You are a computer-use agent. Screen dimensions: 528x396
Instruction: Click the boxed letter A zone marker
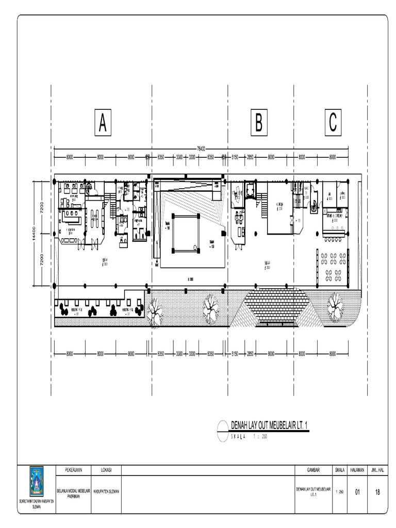[103, 123]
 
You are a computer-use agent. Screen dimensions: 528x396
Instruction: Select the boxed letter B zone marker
[259, 123]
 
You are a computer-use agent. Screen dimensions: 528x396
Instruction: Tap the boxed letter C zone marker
[333, 123]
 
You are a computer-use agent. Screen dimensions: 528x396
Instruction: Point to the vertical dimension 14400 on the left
[32, 233]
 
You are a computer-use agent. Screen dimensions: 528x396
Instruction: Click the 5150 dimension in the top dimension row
[235, 157]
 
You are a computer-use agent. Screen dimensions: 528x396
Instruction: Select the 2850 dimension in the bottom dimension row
[250, 354]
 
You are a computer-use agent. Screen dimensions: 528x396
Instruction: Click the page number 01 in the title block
[357, 492]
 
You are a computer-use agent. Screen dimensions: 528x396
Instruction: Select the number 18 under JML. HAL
[378, 492]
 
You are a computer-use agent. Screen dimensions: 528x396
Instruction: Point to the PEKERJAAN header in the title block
[74, 470]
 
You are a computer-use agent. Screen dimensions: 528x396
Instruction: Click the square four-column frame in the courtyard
[186, 233]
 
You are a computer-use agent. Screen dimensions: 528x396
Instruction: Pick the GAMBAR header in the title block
[313, 470]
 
